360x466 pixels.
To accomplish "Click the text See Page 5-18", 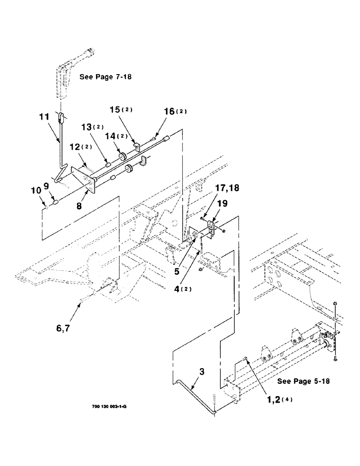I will [304, 381].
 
